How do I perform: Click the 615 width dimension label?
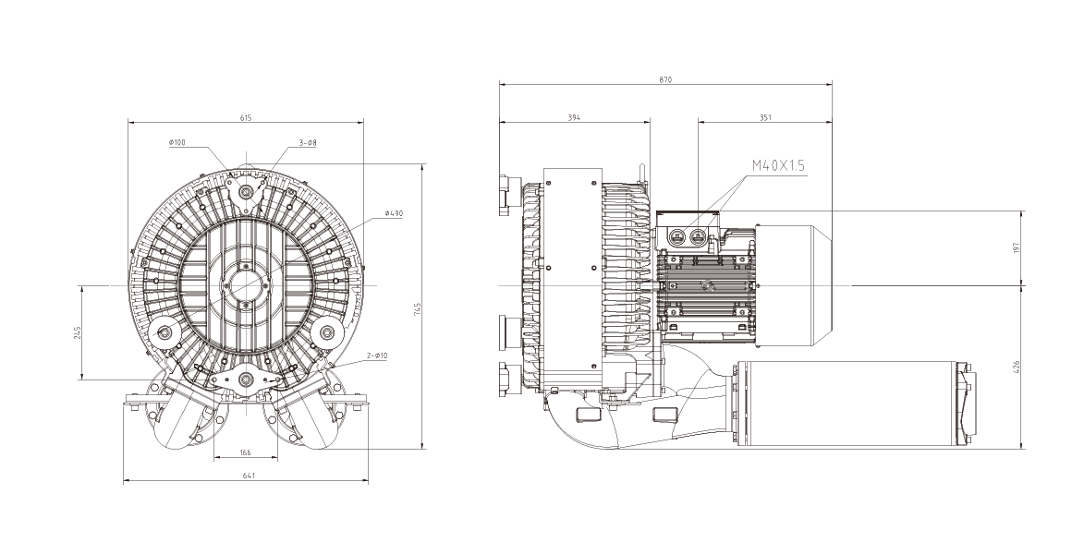click(246, 117)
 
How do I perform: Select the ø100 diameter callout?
click(177, 143)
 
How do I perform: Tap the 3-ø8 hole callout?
click(309, 143)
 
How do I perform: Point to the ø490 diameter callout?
click(395, 214)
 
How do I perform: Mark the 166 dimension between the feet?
click(246, 452)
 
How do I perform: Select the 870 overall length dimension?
click(665, 80)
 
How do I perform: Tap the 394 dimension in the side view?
click(574, 117)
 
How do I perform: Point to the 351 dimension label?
click(765, 117)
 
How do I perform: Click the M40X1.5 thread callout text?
click(779, 166)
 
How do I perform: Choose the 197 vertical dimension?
click(1016, 247)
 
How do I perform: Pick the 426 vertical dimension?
click(1016, 367)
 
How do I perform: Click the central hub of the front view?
click(247, 285)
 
